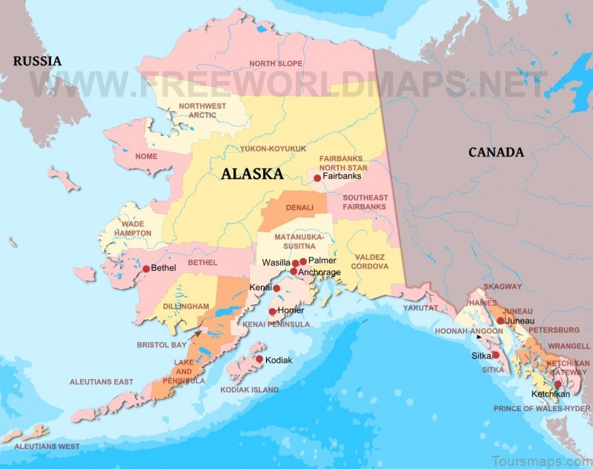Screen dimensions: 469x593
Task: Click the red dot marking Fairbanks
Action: pyautogui.click(x=317, y=178)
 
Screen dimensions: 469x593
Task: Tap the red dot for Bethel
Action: pyautogui.click(x=146, y=269)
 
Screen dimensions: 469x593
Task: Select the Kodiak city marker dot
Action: pyautogui.click(x=259, y=359)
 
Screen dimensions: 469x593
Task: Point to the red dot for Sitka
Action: pyautogui.click(x=495, y=355)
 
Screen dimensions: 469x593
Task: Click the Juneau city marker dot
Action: pyautogui.click(x=501, y=321)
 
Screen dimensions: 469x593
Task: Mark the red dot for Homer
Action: pyautogui.click(x=272, y=312)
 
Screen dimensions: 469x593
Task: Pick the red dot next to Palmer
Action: pyautogui.click(x=303, y=261)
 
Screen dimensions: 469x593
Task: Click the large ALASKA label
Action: pyautogui.click(x=252, y=174)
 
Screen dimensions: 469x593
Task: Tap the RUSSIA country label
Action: pyautogui.click(x=37, y=61)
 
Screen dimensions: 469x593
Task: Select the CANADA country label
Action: pyautogui.click(x=496, y=152)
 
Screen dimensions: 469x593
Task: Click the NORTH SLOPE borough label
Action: pyautogui.click(x=276, y=64)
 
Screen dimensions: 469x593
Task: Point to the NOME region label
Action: pyautogui.click(x=146, y=157)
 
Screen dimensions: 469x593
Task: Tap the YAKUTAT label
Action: pyautogui.click(x=422, y=306)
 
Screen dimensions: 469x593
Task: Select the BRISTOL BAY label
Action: pyautogui.click(x=162, y=345)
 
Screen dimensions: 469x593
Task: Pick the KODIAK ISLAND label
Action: pyautogui.click(x=250, y=390)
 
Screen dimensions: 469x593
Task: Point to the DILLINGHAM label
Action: pyautogui.click(x=186, y=306)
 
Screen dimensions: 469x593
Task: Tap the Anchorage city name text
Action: pyautogui.click(x=319, y=273)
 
